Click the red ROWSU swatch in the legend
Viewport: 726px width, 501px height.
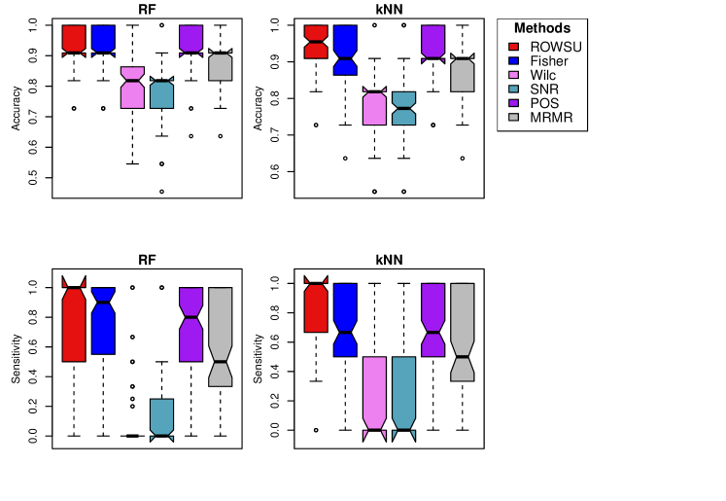(x=518, y=45)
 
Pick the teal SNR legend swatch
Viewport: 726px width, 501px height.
(x=518, y=89)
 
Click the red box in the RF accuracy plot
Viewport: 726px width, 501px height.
(x=74, y=40)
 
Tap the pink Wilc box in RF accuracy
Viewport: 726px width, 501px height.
(x=133, y=88)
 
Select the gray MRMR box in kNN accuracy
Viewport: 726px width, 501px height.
(x=463, y=89)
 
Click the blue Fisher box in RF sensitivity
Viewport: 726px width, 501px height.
(x=103, y=321)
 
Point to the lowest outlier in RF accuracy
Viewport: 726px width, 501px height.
(x=162, y=192)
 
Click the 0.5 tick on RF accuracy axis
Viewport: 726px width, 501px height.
(x=34, y=180)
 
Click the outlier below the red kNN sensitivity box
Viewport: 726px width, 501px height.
(x=316, y=430)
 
